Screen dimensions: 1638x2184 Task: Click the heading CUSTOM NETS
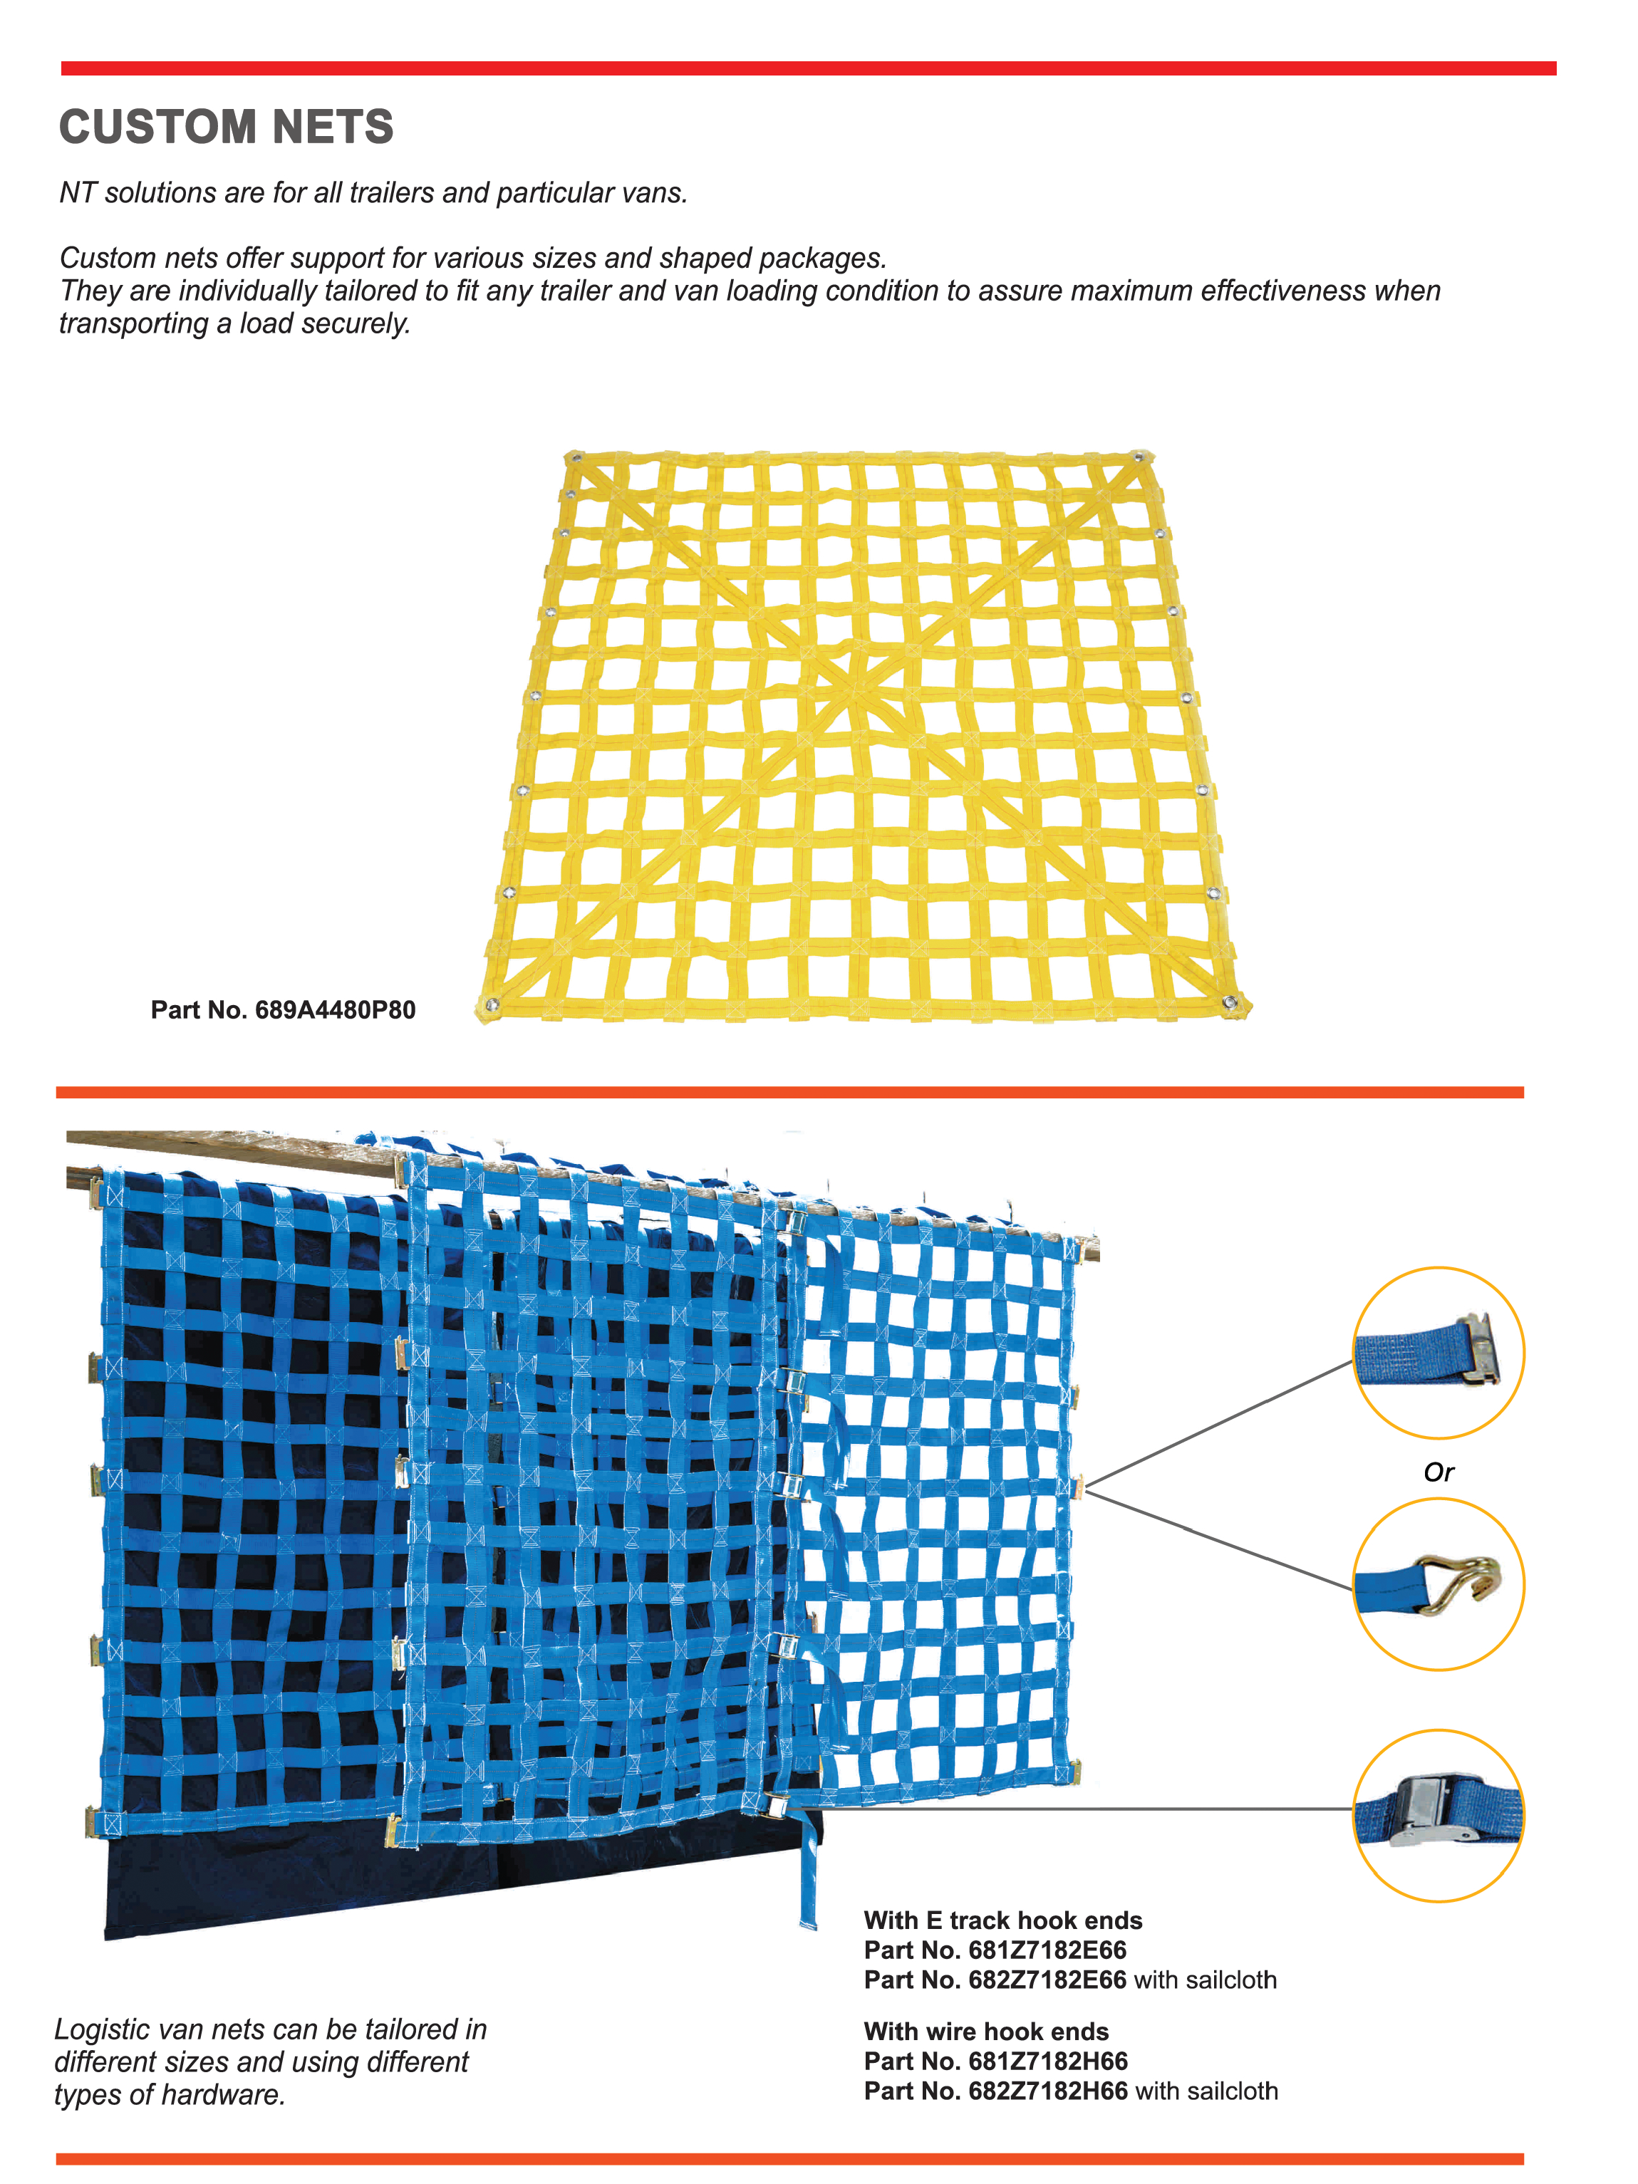[x=226, y=128]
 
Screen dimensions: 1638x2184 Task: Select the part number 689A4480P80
[x=335, y=1010]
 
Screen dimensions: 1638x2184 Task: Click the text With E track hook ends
[x=1003, y=1920]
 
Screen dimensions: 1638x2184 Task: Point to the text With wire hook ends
[x=986, y=2032]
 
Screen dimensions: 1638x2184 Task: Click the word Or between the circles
[x=1439, y=1472]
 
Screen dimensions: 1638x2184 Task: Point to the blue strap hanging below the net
[x=808, y=1866]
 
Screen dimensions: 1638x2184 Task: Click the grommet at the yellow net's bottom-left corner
[x=492, y=1005]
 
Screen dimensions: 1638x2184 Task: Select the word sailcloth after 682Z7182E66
[x=1231, y=1980]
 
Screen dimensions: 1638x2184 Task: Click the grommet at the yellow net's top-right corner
[x=1141, y=457]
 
